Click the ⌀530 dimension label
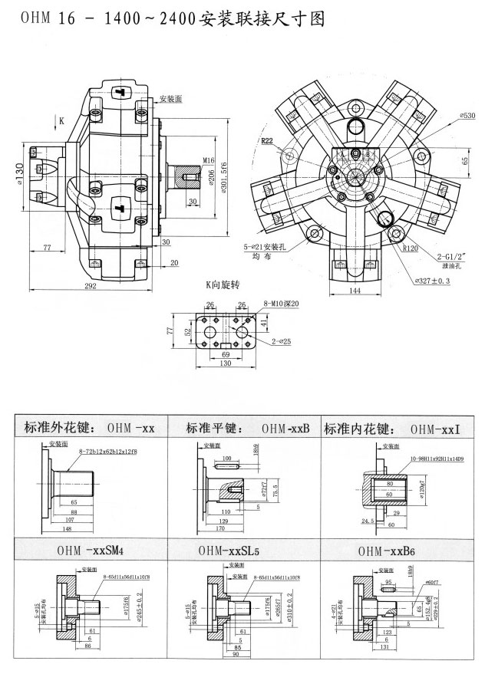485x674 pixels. [467, 114]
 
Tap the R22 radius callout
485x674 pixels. [266, 141]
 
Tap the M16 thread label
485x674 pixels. [208, 160]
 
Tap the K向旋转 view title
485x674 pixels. [222, 285]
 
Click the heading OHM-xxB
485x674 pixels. [285, 428]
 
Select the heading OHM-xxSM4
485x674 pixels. [90, 551]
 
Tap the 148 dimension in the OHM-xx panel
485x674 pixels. [68, 528]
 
